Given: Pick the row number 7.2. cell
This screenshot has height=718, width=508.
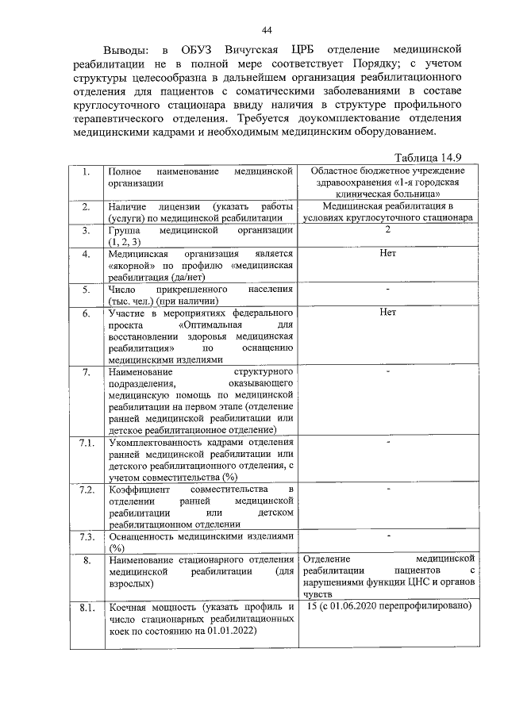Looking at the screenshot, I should pos(87,490).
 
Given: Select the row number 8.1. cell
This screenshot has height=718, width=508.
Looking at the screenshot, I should pos(87,607).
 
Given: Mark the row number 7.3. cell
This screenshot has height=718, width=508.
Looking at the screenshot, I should pos(87,536).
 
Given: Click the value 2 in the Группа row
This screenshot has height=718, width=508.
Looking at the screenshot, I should pos(387,229).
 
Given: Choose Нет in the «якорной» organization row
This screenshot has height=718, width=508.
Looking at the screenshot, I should pos(387,253).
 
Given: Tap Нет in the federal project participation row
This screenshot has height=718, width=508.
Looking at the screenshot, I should pos(387,313).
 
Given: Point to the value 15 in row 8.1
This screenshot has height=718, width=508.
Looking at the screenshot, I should pos(311,606).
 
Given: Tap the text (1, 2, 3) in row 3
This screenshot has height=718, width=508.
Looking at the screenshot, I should pos(125,241).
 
